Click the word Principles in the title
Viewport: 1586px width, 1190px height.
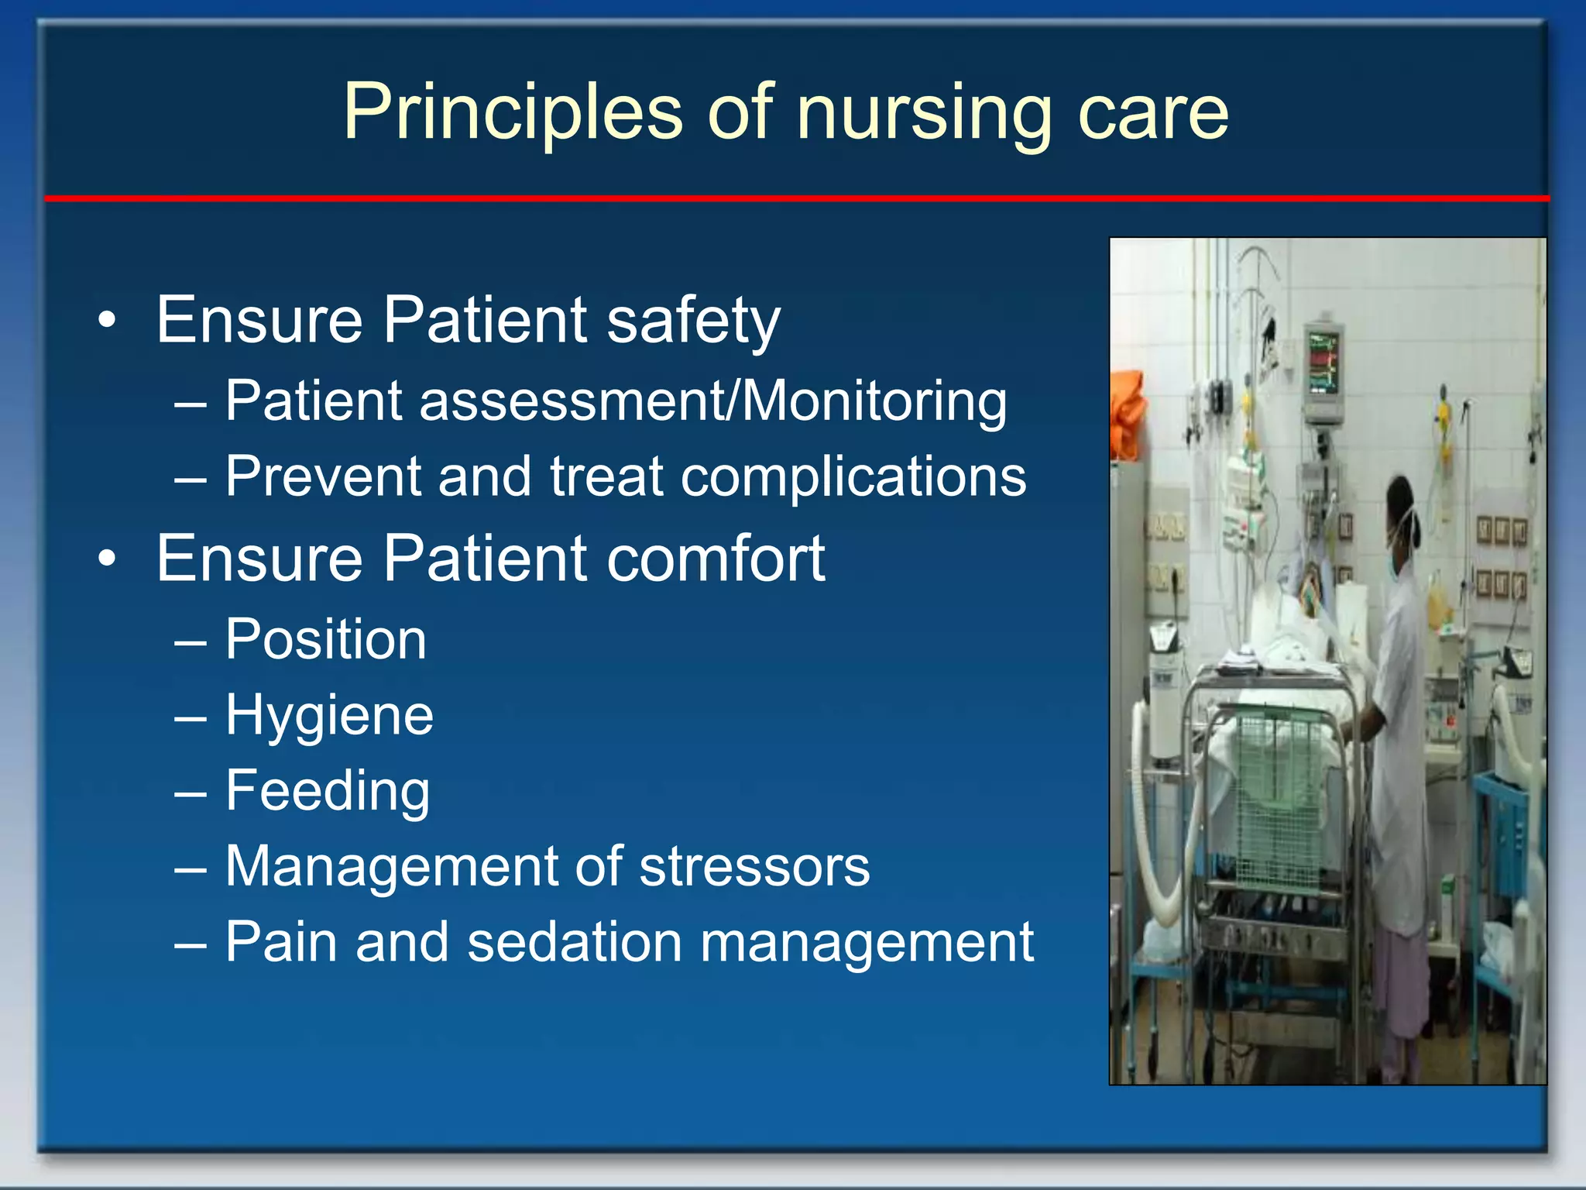pos(512,113)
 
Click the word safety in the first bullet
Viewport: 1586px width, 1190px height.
pos(693,320)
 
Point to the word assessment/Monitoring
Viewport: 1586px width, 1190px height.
pos(712,401)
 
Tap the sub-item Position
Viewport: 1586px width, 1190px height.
pos(325,640)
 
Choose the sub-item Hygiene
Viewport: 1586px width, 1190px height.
pos(329,715)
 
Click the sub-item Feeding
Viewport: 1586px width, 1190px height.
pos(328,790)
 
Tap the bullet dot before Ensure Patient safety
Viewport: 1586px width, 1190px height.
pos(108,320)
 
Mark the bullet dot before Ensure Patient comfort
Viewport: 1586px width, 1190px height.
pos(108,558)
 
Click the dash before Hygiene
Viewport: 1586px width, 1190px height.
pos(191,717)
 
